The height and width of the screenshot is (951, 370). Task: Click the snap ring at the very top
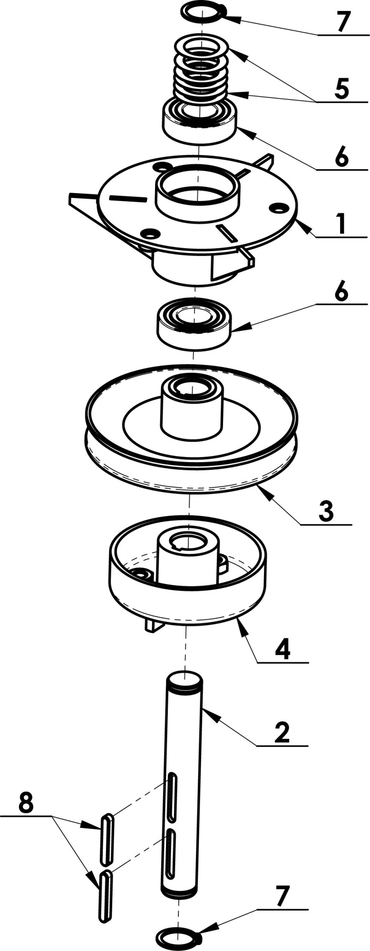pos(185,10)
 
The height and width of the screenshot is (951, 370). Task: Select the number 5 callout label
pos(341,89)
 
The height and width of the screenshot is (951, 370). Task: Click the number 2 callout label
pos(282,733)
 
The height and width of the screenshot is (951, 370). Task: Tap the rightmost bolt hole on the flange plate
pos(278,208)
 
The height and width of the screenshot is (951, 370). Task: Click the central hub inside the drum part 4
pos(188,559)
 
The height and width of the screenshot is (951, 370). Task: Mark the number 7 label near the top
pos(343,21)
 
